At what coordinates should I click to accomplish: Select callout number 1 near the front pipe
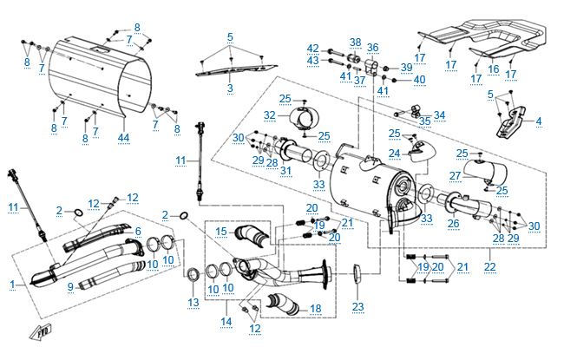[11, 285]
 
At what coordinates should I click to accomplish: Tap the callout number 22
[491, 265]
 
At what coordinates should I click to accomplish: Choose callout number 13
[193, 303]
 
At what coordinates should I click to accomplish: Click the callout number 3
[230, 88]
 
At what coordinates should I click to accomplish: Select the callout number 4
[539, 121]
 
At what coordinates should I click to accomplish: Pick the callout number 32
[270, 115]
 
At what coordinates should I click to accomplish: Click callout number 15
[220, 232]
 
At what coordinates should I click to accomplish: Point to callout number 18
[315, 309]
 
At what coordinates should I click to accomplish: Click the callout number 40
[420, 80]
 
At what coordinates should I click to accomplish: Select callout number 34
[439, 114]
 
